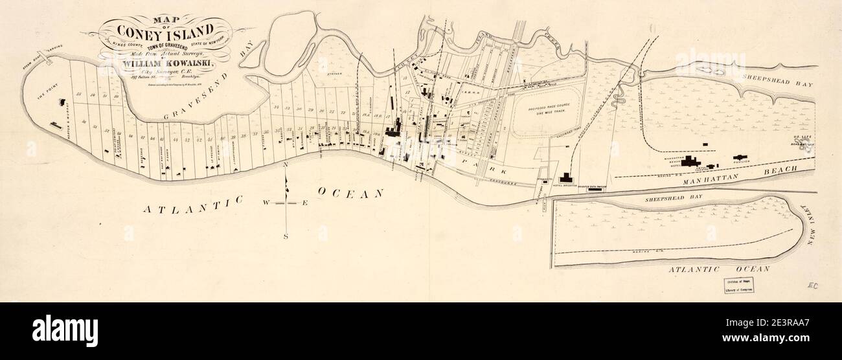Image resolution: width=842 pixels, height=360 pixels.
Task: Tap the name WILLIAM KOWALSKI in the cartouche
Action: tap(171, 63)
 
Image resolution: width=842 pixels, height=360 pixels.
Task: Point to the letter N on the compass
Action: tap(285, 166)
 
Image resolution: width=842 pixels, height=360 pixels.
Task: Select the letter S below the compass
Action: tap(286, 237)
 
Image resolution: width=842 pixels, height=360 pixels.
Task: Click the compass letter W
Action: tap(266, 203)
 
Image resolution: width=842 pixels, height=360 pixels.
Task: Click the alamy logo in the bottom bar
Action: tap(65, 331)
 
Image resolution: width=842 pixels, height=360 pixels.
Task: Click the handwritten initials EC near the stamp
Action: tap(813, 285)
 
